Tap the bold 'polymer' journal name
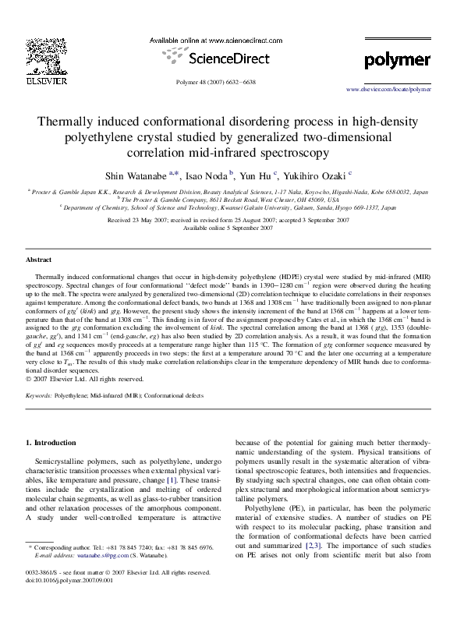pyautogui.click(x=397, y=60)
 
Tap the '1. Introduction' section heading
pyautogui.click(x=51, y=443)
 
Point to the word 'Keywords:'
pyautogui.click(x=39, y=396)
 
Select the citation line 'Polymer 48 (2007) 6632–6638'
pyautogui.click(x=216, y=82)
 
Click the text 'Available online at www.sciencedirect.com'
pyautogui.click(x=215, y=40)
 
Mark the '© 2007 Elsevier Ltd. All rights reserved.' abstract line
pyautogui.click(x=85, y=380)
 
